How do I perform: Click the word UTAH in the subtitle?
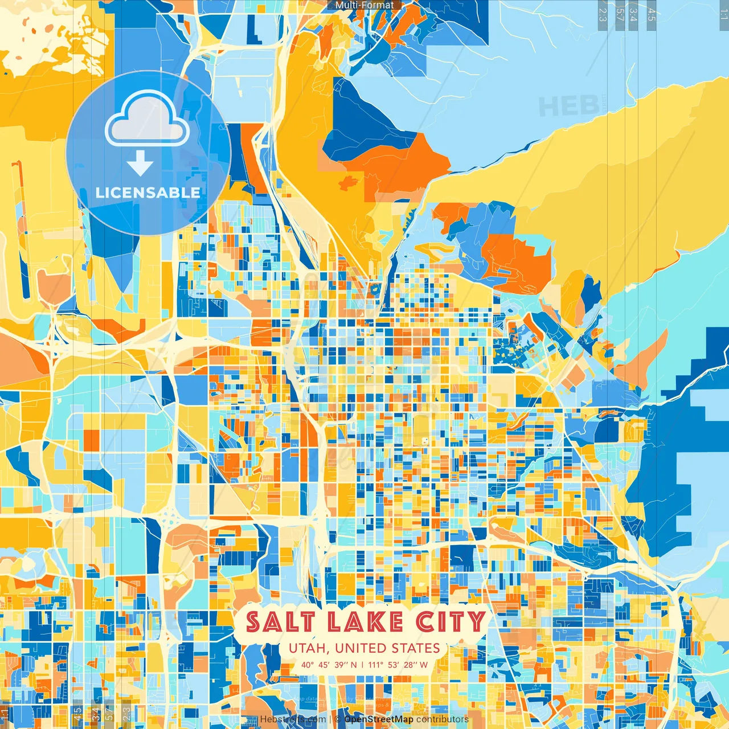click(308, 648)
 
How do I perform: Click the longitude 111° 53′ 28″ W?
click(398, 665)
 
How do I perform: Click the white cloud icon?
click(147, 120)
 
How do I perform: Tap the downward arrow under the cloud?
click(140, 164)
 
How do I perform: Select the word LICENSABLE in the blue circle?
click(148, 193)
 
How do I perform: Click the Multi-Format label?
click(364, 5)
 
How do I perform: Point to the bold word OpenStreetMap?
click(379, 719)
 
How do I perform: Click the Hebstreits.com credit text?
click(293, 719)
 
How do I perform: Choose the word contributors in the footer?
click(443, 719)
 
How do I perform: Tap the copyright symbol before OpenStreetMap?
click(338, 719)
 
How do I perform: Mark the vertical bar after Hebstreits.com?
click(330, 719)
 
